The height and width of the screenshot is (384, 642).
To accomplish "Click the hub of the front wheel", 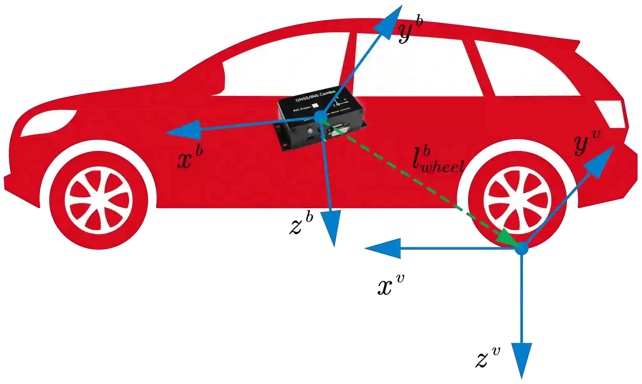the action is coord(98,200).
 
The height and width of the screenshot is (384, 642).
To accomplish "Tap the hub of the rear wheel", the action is coord(517,200).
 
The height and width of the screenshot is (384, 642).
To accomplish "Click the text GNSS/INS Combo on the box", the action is coord(315,96).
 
